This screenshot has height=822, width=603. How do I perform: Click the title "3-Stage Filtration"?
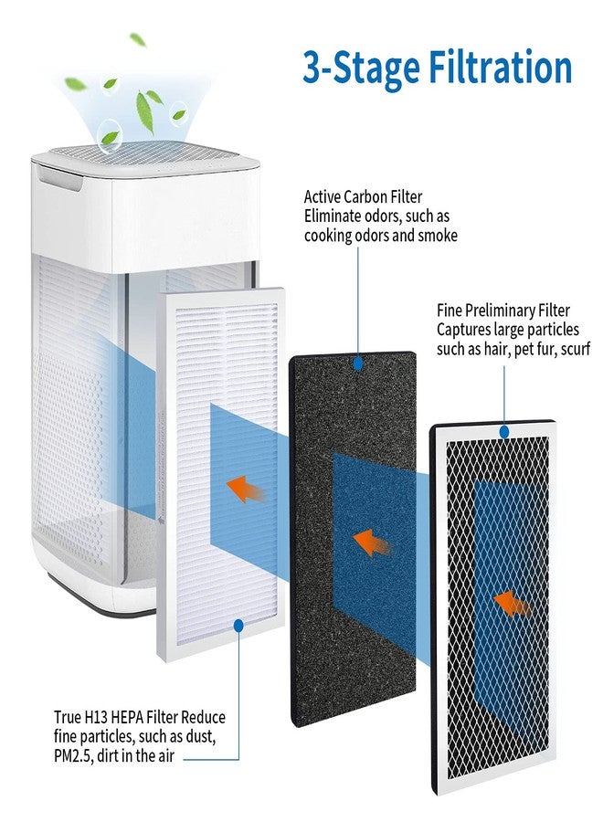(437, 68)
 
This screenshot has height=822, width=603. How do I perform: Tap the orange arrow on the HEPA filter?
(246, 490)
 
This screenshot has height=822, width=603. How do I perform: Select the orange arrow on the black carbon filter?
(371, 543)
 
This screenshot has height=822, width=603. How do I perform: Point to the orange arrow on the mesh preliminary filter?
(513, 604)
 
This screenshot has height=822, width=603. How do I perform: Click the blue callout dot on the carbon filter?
(358, 364)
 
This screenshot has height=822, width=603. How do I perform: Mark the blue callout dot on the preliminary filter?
(504, 432)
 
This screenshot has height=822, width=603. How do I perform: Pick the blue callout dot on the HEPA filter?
(238, 625)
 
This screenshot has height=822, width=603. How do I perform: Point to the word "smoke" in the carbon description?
(438, 236)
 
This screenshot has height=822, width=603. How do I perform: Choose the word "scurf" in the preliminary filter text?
(576, 349)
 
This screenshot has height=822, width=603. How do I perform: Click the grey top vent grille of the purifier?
(145, 154)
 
